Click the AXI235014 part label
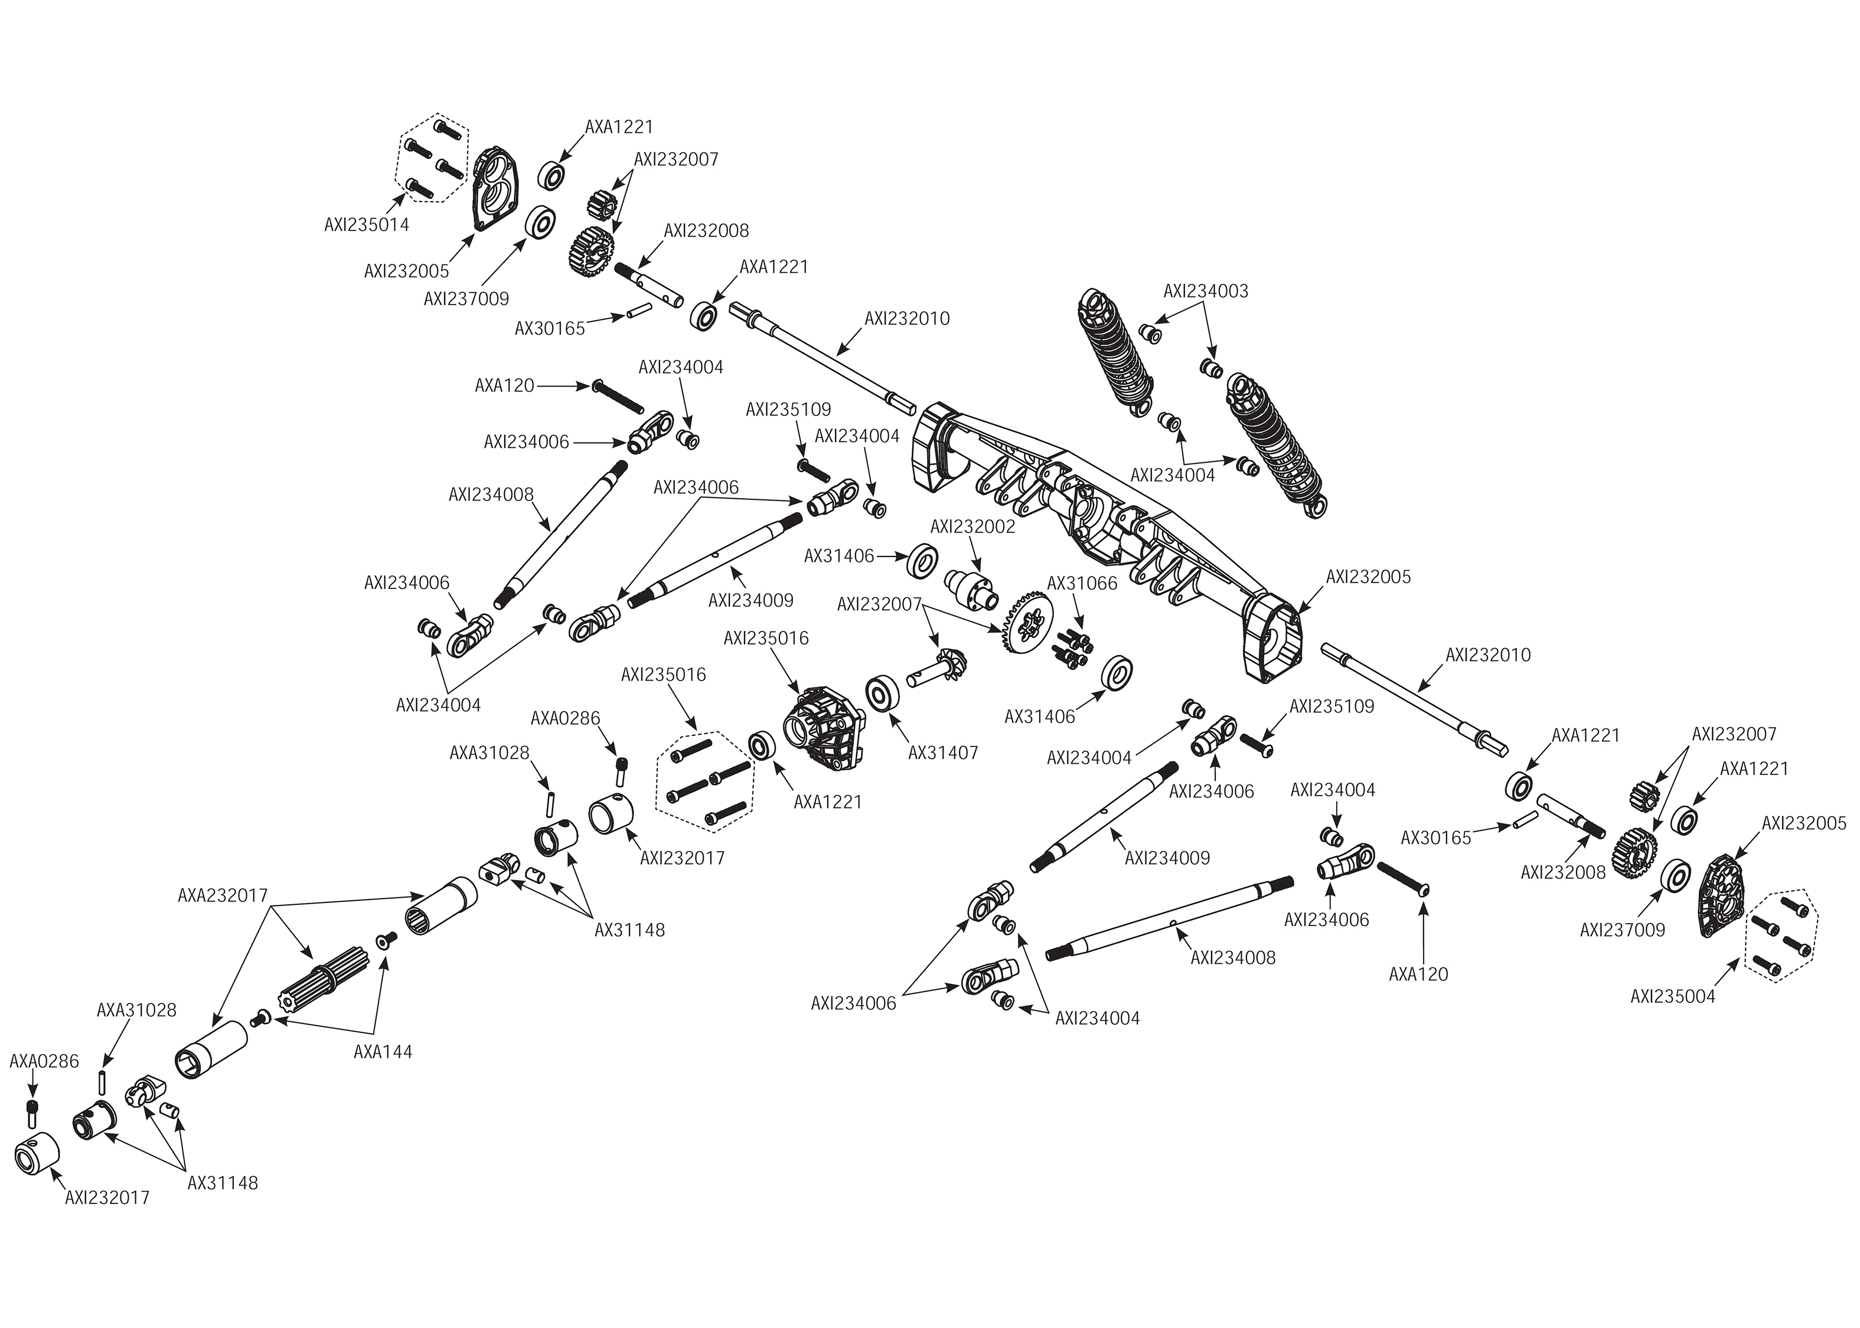[367, 225]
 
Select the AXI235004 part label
[1673, 997]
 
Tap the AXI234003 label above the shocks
[1206, 291]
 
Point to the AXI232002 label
[973, 526]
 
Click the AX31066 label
[1082, 584]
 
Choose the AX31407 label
[943, 753]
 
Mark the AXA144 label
[383, 1052]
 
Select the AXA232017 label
[223, 895]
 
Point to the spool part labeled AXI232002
[971, 590]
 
